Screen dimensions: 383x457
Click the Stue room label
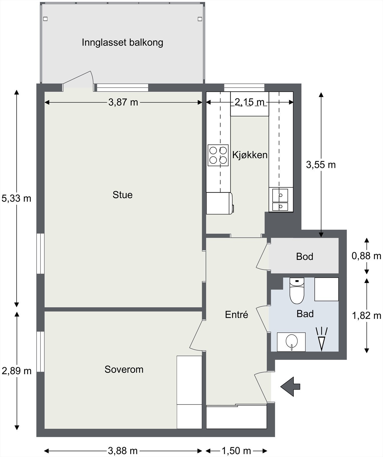(123, 195)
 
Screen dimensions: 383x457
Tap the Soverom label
(124, 369)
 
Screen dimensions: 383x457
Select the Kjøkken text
(250, 155)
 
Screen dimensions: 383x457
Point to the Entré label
(236, 314)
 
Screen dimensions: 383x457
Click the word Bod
(305, 256)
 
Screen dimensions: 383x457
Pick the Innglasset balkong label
(122, 43)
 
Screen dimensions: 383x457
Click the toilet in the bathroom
(297, 291)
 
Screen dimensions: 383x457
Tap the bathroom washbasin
(291, 342)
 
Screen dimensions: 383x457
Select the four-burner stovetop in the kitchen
(218, 155)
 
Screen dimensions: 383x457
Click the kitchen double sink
(280, 199)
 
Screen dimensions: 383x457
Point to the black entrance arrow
(290, 386)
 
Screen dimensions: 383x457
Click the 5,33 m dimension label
(16, 198)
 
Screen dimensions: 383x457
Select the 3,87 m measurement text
(123, 102)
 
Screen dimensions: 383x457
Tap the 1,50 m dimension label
(236, 451)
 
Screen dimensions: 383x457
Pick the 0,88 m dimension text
(366, 256)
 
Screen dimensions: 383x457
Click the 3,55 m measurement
(321, 165)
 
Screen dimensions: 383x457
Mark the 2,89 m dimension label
(17, 371)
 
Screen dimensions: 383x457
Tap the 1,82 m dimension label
(366, 316)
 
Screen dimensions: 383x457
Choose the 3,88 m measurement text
(123, 451)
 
